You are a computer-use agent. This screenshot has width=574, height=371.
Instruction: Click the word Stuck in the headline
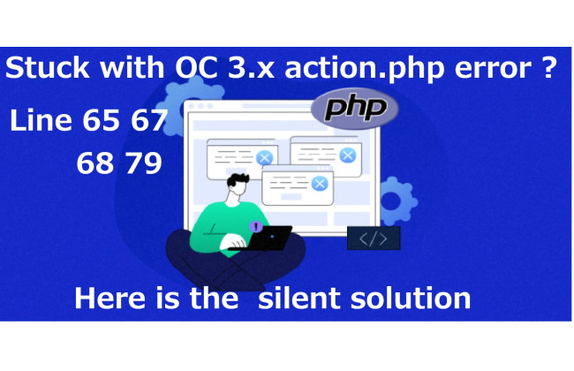point(47,67)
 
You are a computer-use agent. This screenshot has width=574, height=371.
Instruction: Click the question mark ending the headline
point(548,67)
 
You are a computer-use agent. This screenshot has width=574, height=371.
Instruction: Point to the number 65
point(101,120)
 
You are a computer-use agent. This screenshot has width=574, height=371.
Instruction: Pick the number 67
point(149,120)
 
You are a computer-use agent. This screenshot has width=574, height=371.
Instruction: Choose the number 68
point(94,163)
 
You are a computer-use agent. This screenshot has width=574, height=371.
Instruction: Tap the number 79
point(143,163)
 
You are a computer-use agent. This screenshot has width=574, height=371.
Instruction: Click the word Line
point(41,120)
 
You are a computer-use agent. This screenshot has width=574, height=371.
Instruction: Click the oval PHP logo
point(354,109)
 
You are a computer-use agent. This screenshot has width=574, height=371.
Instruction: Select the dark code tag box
point(374,238)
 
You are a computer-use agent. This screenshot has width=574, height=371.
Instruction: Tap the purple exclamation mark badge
point(256,227)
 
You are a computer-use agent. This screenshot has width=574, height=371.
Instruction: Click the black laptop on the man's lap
point(264,238)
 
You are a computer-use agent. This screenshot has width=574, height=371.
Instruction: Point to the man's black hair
point(238,179)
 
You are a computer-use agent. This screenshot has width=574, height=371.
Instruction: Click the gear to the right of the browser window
point(397,201)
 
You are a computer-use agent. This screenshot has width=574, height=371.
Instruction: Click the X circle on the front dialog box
point(320,184)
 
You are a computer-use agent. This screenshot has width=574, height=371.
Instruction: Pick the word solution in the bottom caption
point(411,298)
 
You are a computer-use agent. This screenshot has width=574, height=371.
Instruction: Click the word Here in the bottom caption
point(110,298)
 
